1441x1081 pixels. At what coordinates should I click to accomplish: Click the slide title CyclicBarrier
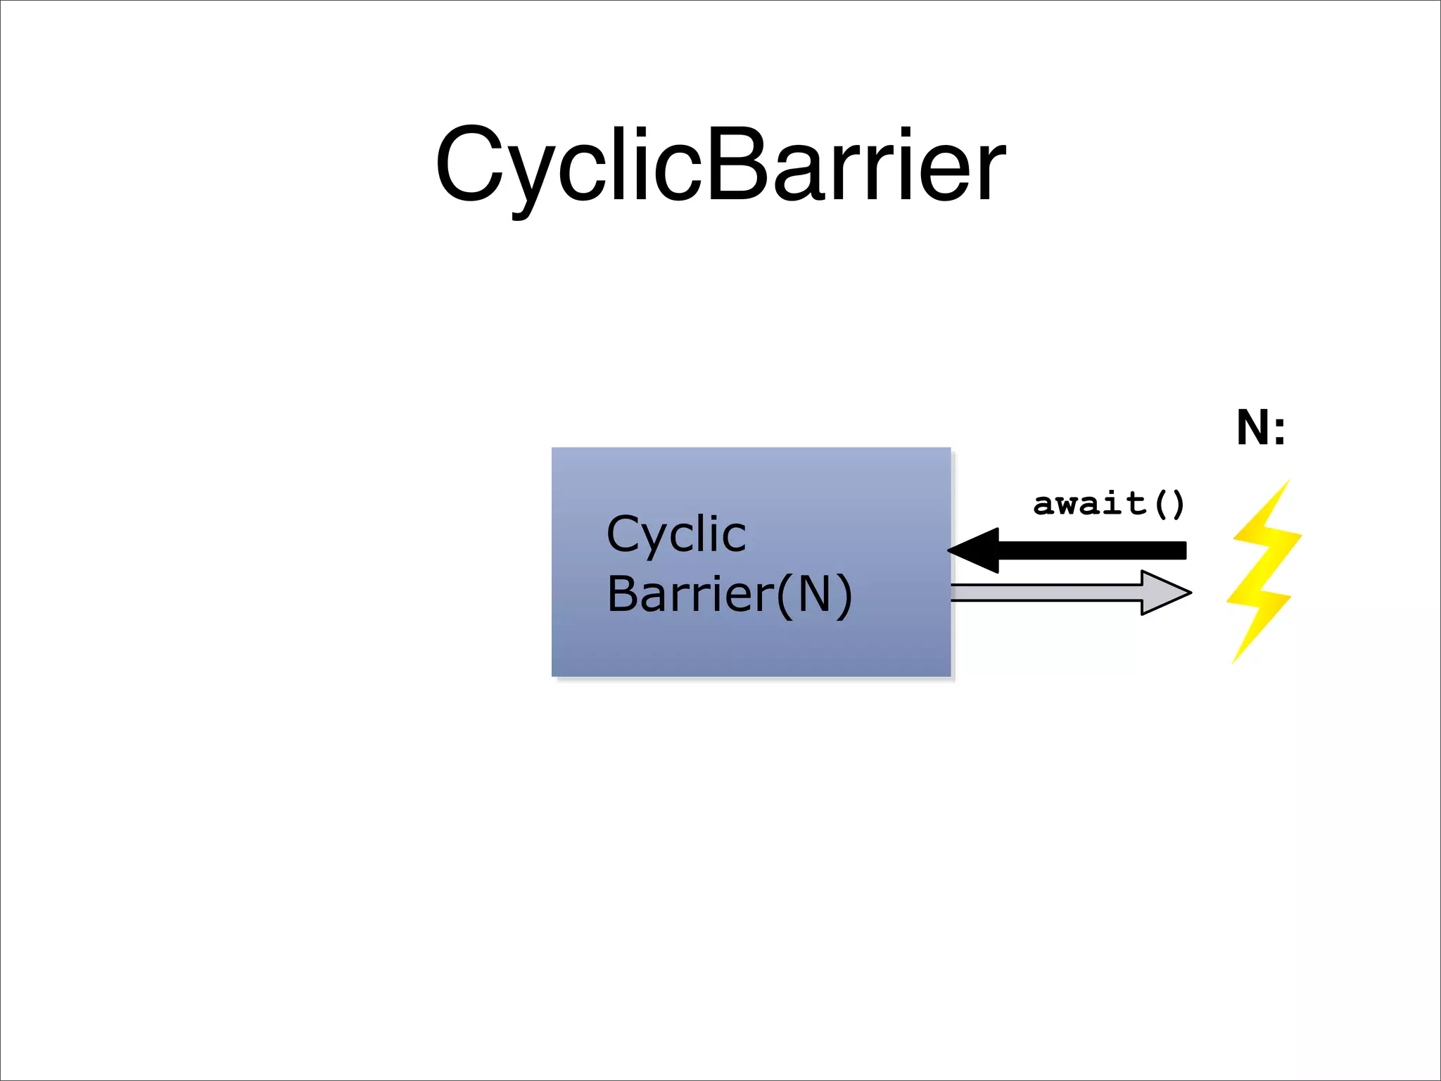point(720,165)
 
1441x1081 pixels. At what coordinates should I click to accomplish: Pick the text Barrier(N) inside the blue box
point(729,595)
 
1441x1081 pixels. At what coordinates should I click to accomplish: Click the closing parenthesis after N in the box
point(844,595)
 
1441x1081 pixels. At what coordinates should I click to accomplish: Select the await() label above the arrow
point(1109,504)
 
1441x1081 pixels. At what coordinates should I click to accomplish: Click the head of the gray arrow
point(1164,593)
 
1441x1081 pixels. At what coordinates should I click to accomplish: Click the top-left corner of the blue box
point(553,449)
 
